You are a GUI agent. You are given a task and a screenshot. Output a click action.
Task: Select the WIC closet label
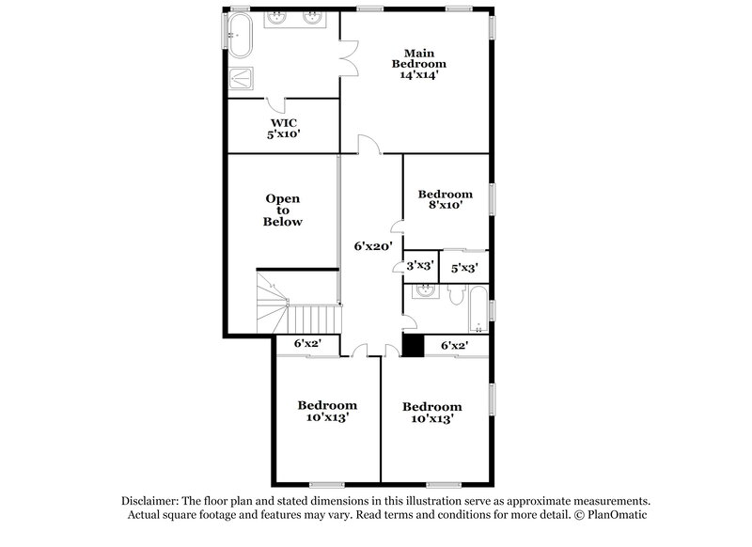tap(284, 123)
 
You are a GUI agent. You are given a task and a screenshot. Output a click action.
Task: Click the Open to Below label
tap(283, 211)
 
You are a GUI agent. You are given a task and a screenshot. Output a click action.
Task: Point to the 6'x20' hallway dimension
tap(371, 247)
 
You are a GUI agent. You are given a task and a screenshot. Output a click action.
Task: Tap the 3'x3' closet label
tap(419, 266)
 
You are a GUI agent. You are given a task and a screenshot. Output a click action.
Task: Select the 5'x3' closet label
tap(464, 267)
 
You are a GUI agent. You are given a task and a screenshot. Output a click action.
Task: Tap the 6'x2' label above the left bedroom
tap(307, 345)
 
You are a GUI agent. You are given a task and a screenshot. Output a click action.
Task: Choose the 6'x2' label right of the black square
tap(454, 345)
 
